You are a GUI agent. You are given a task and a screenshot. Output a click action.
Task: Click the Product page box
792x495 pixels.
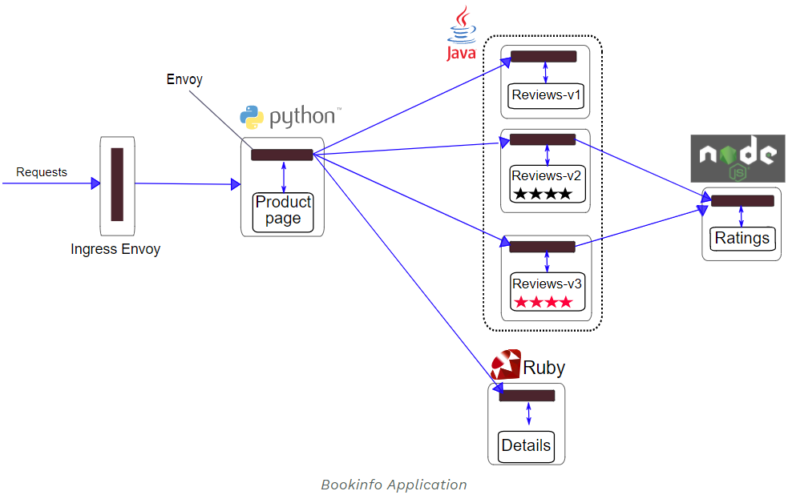coord(282,211)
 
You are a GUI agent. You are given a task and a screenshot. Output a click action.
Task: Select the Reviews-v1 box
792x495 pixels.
coord(547,95)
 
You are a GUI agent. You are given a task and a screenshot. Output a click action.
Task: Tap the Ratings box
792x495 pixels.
coord(741,238)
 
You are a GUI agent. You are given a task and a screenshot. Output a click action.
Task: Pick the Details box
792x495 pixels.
coord(526,445)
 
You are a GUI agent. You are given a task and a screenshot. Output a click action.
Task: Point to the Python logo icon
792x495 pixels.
coord(252,117)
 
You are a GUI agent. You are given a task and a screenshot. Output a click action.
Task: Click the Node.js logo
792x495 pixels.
coord(737,158)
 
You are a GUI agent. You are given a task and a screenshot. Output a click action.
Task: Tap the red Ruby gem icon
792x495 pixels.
coord(506,365)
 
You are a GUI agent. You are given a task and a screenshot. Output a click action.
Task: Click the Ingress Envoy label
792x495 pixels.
coord(115,249)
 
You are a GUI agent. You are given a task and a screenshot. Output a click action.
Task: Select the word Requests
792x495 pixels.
coord(42,172)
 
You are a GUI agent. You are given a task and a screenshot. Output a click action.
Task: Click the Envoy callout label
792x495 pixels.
coord(184,79)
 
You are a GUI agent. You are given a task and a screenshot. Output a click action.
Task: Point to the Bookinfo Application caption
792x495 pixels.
coord(394,485)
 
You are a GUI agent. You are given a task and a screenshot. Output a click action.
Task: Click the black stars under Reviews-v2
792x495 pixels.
coord(543,194)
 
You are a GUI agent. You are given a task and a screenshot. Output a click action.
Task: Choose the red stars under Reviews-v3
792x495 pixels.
coord(543,302)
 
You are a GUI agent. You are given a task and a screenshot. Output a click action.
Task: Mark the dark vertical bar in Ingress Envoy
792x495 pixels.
coord(117,184)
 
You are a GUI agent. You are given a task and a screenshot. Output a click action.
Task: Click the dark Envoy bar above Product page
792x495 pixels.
coord(281,155)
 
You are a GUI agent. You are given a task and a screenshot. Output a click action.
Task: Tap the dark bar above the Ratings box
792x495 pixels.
coord(742,201)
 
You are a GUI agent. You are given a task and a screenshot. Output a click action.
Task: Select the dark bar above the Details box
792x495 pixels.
coord(527,396)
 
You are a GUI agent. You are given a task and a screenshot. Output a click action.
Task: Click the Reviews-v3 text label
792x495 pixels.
coord(547,284)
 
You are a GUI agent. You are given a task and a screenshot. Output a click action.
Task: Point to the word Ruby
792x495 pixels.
coord(544,368)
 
